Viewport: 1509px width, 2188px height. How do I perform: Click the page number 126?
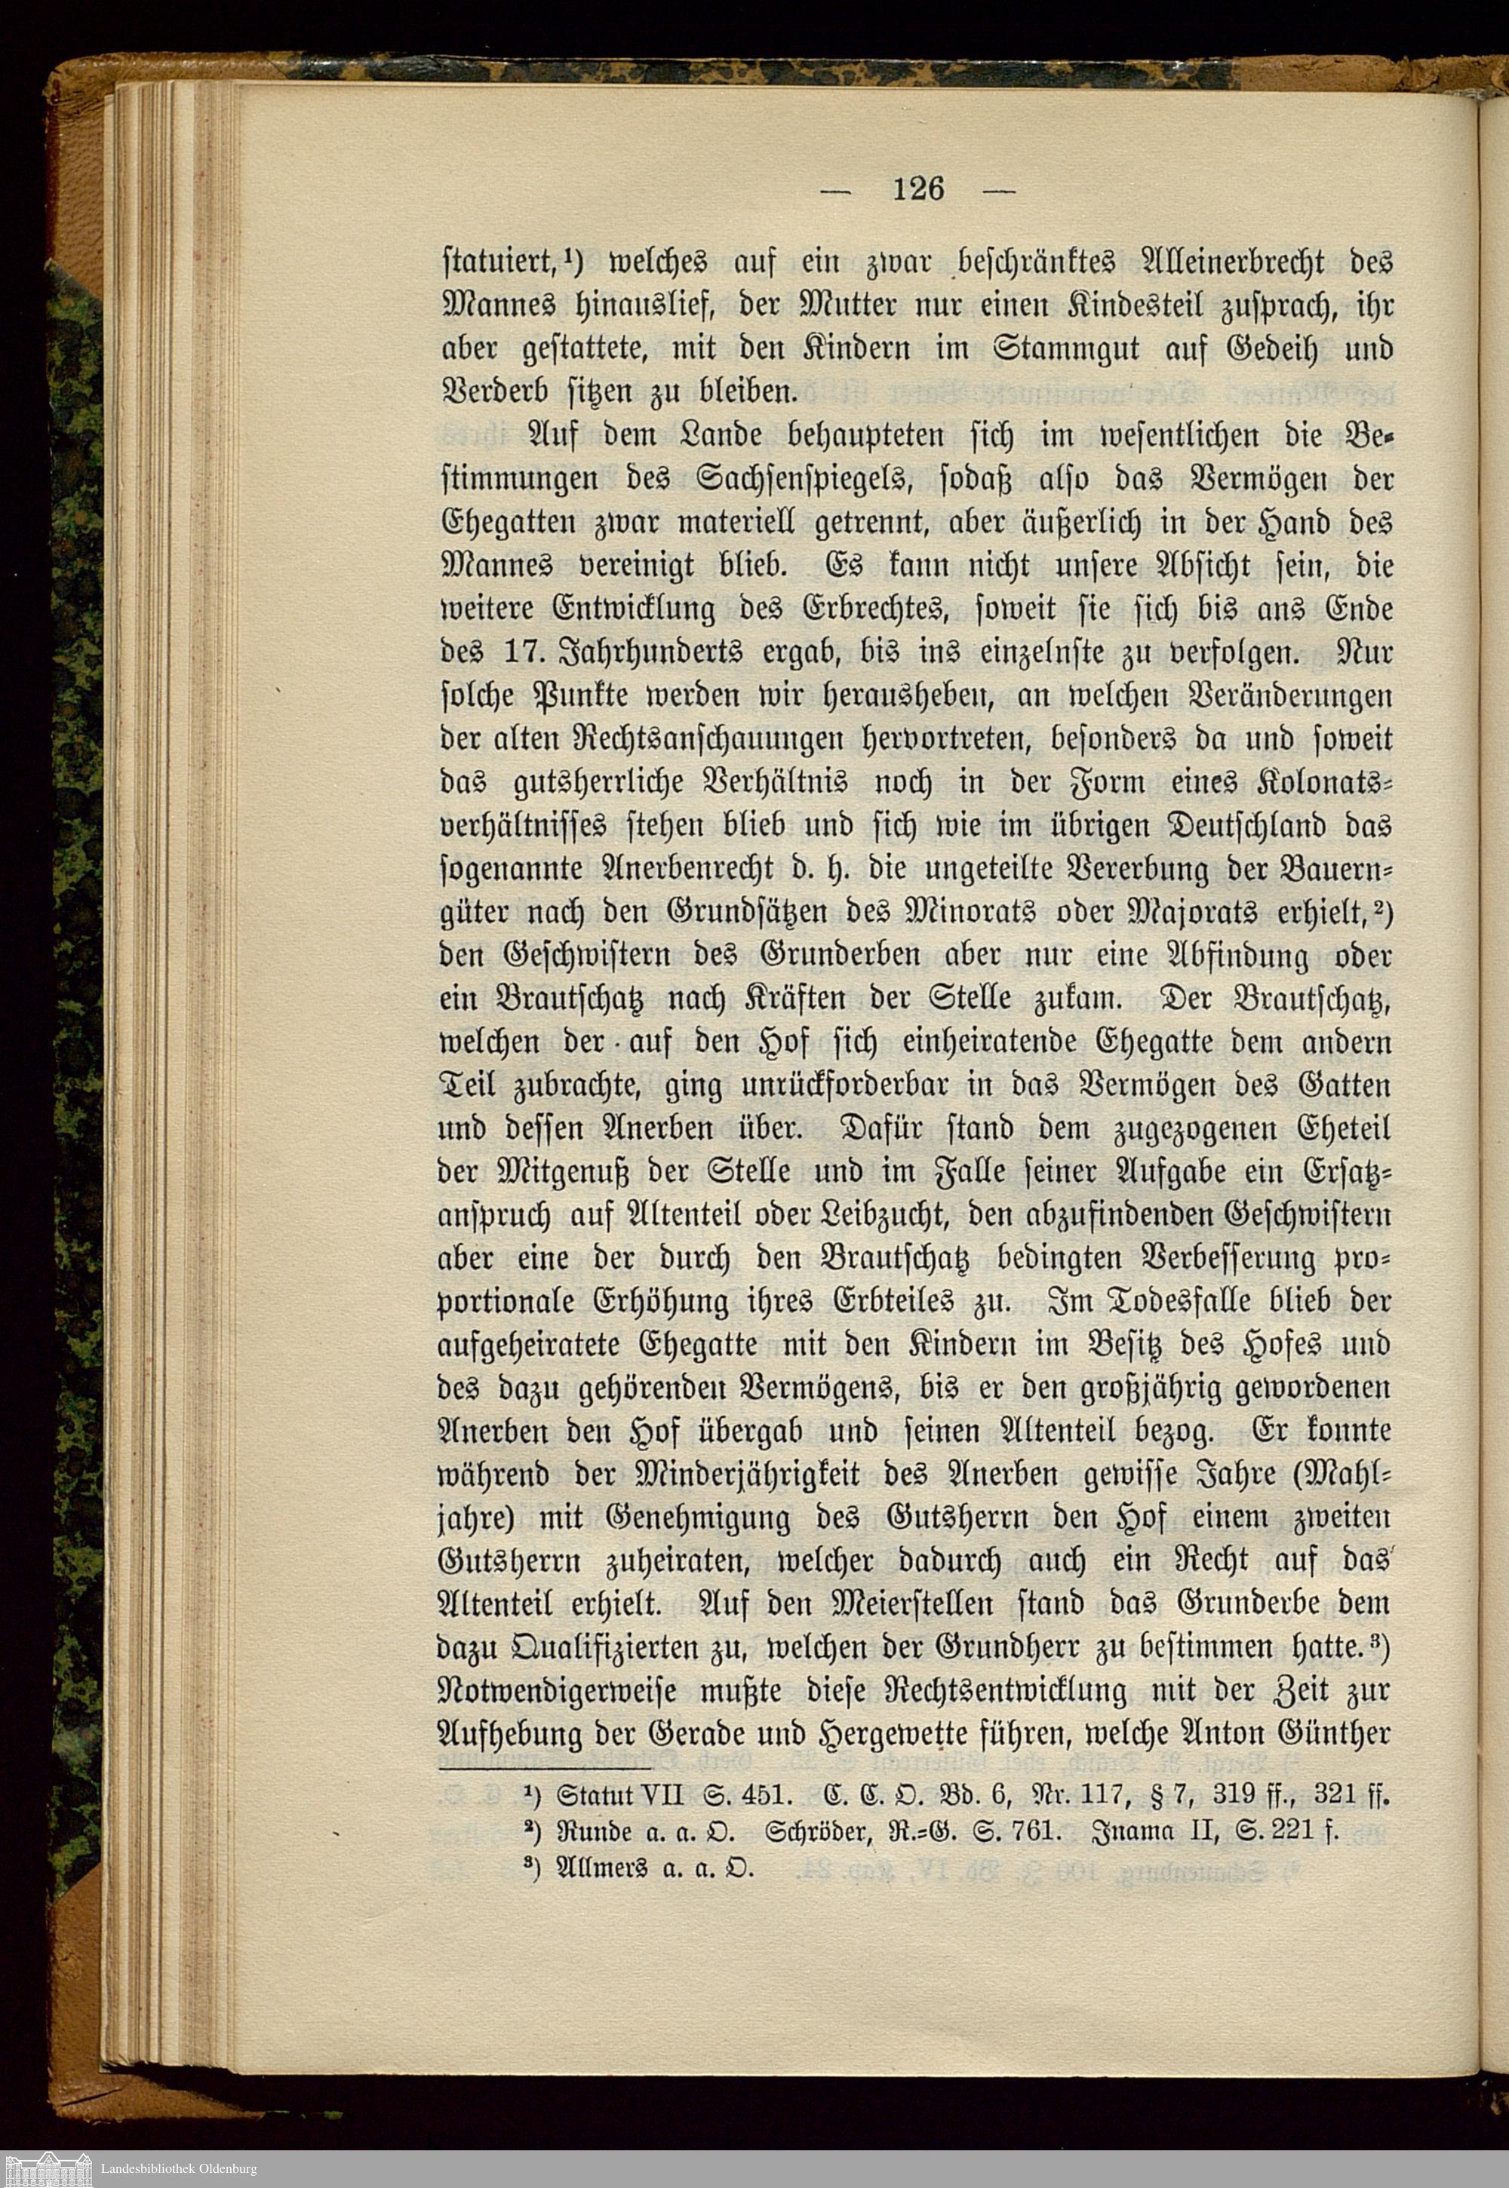point(917,189)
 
